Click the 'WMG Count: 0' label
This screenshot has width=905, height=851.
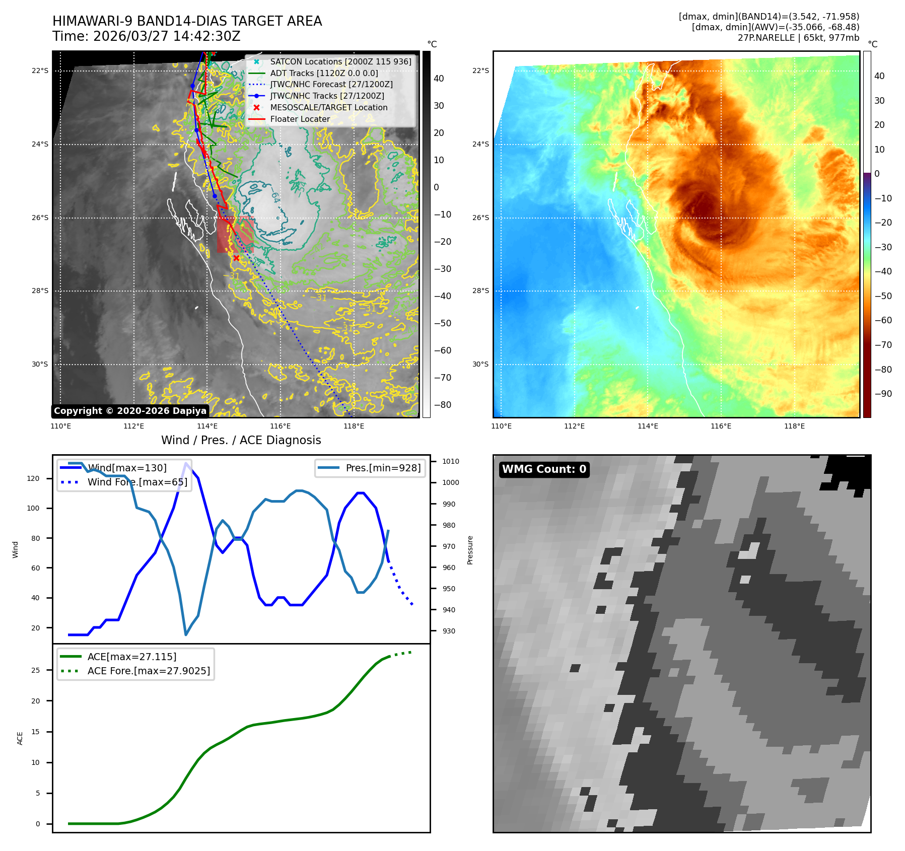(x=544, y=469)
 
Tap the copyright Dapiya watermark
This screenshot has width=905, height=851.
(x=130, y=411)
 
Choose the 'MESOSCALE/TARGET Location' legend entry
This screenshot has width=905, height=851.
(x=328, y=107)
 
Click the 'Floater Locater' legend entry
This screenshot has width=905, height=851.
(x=300, y=119)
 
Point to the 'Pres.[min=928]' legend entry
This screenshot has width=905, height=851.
(x=383, y=468)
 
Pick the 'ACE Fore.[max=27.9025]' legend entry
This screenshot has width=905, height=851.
(x=149, y=671)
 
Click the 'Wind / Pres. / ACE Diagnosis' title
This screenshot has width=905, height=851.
(x=241, y=440)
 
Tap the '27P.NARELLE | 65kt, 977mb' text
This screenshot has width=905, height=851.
(x=798, y=38)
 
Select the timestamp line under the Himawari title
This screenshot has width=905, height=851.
(x=146, y=36)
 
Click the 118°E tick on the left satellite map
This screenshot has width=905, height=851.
(x=354, y=426)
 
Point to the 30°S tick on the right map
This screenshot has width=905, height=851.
(x=480, y=364)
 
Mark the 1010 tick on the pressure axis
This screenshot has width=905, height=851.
(x=450, y=461)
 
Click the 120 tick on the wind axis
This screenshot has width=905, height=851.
(x=33, y=478)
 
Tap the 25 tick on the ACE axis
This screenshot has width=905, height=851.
(x=35, y=670)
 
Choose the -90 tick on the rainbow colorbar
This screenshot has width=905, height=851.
(x=883, y=394)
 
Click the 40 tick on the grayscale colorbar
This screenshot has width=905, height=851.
(x=439, y=79)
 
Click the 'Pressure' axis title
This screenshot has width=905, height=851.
(x=470, y=550)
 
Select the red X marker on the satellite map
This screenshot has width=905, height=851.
(x=236, y=258)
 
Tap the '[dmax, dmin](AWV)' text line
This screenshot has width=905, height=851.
(x=775, y=27)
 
